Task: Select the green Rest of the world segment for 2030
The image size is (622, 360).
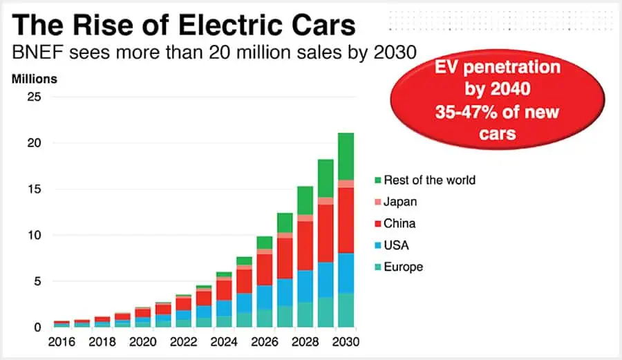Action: (x=346, y=157)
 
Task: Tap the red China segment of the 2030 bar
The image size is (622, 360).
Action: (x=346, y=220)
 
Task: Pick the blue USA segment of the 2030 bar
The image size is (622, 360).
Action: (x=346, y=273)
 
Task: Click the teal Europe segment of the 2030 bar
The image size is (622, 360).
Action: (x=346, y=310)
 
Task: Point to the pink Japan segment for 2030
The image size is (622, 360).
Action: (x=346, y=184)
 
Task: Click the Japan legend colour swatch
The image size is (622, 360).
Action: (x=377, y=202)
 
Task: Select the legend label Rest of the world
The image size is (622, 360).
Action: (x=430, y=180)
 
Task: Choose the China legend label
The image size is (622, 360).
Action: (x=399, y=223)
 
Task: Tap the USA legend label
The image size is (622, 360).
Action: (x=396, y=245)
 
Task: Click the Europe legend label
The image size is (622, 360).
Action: (x=404, y=267)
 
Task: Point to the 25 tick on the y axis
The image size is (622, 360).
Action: (x=34, y=97)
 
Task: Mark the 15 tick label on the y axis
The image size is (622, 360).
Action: (x=34, y=189)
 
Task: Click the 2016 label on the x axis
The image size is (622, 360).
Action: (x=62, y=342)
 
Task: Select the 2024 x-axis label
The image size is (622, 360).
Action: (x=224, y=342)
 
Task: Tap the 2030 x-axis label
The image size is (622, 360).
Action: (x=346, y=342)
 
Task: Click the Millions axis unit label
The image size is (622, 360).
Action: (x=35, y=79)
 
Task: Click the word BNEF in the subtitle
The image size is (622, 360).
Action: (x=38, y=53)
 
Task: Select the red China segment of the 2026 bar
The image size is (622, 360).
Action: (x=265, y=269)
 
